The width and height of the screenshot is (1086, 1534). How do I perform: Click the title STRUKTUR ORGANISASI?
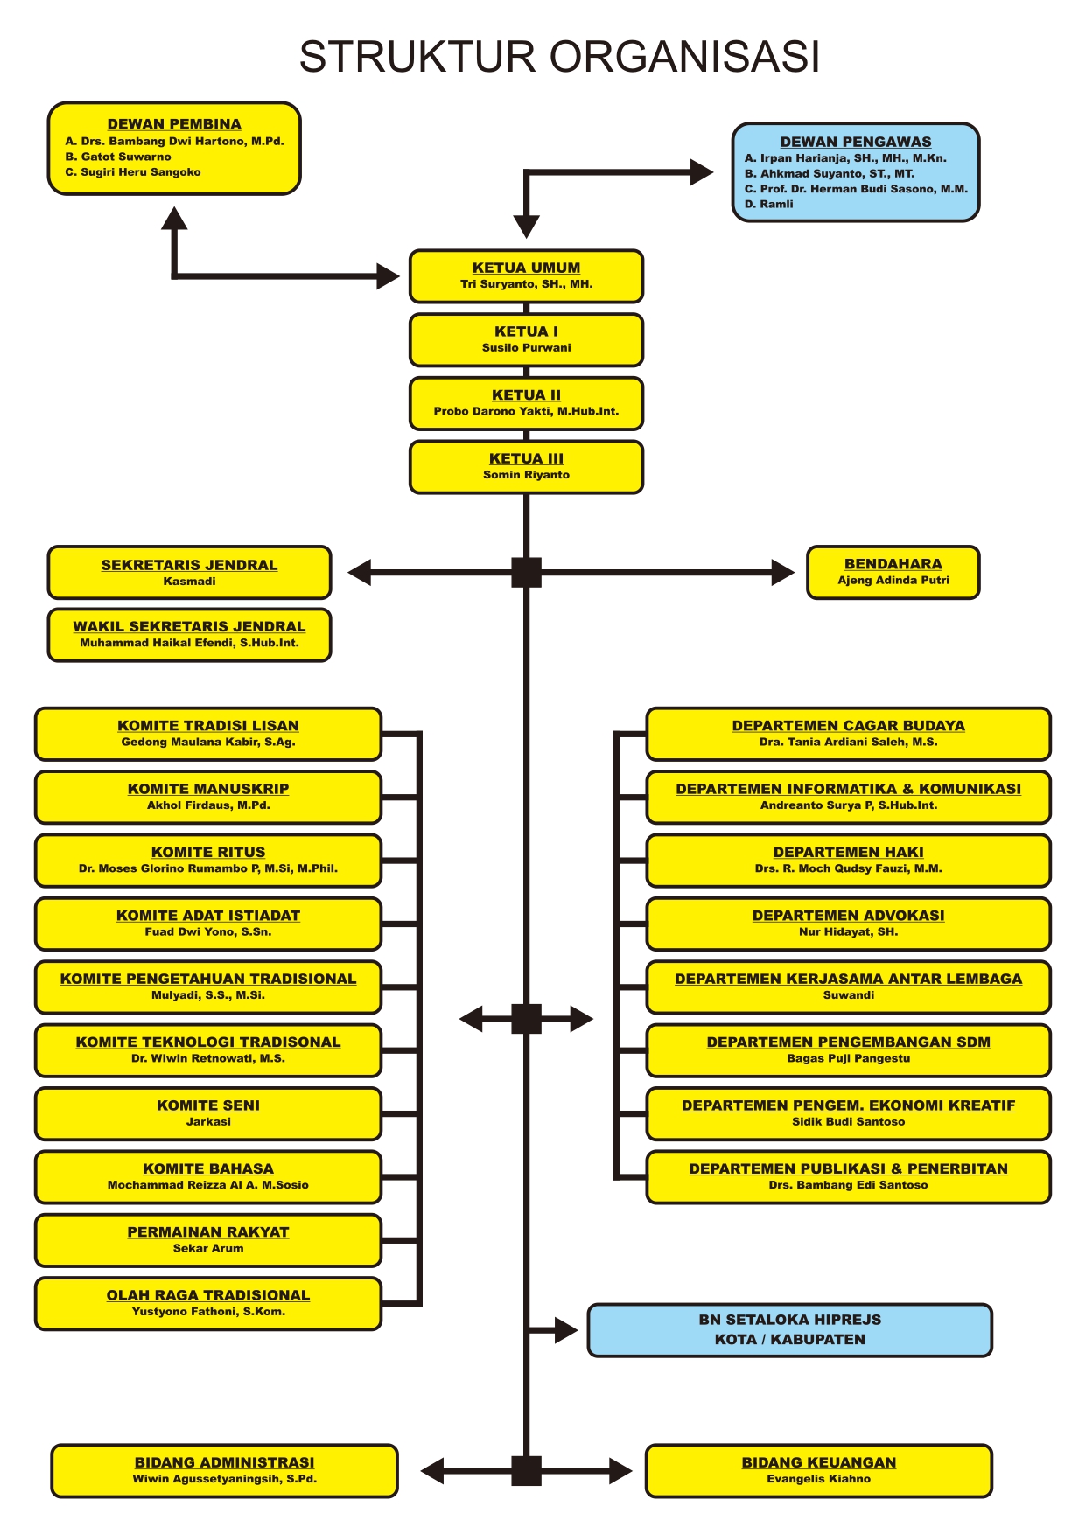(559, 57)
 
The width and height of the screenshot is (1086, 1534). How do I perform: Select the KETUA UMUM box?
(526, 276)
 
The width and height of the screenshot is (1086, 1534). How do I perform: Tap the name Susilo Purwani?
(526, 348)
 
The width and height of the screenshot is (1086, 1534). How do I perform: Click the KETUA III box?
(526, 467)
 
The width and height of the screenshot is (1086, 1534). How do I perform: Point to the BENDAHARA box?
(893, 573)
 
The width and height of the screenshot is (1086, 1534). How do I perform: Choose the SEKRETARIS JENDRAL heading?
(189, 565)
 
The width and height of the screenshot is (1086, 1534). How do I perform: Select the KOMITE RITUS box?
(208, 861)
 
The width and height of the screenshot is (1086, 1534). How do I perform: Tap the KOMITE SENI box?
(208, 1113)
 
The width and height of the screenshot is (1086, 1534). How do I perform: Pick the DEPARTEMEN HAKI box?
(848, 861)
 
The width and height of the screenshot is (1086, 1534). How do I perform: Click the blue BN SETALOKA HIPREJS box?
(789, 1330)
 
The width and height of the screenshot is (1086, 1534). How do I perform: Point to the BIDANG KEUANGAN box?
(818, 1471)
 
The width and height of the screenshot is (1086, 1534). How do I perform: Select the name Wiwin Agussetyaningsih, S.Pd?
(225, 1479)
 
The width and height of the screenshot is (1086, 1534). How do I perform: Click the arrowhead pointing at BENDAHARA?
(782, 573)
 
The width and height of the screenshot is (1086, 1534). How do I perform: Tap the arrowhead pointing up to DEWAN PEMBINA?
(174, 219)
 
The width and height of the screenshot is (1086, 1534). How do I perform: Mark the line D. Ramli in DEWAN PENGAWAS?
(769, 205)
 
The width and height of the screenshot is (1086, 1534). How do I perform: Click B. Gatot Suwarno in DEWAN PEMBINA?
(118, 157)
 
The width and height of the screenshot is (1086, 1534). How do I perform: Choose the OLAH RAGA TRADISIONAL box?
(208, 1304)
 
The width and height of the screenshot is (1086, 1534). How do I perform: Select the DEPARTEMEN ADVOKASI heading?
(848, 916)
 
